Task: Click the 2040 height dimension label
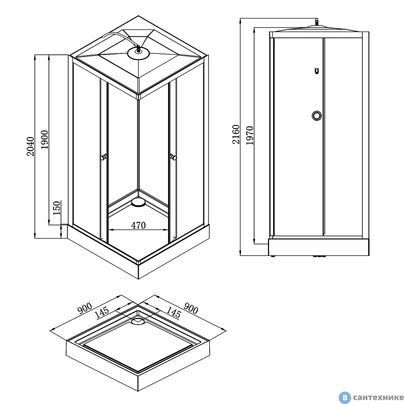coord(30,146)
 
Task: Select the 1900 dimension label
coord(44,140)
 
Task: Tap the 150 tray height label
coord(57,208)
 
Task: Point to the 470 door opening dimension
coord(138,225)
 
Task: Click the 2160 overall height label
coord(236,134)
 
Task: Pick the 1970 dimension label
coord(250,135)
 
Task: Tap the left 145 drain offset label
coord(102,312)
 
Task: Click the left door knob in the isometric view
coord(103,157)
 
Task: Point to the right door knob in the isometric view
coord(173,157)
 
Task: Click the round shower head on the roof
coord(138,53)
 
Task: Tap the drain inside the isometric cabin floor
coord(138,202)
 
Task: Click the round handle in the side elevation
coord(316,116)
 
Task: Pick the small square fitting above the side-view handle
coord(317,71)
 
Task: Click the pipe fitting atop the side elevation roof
coord(317,22)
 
